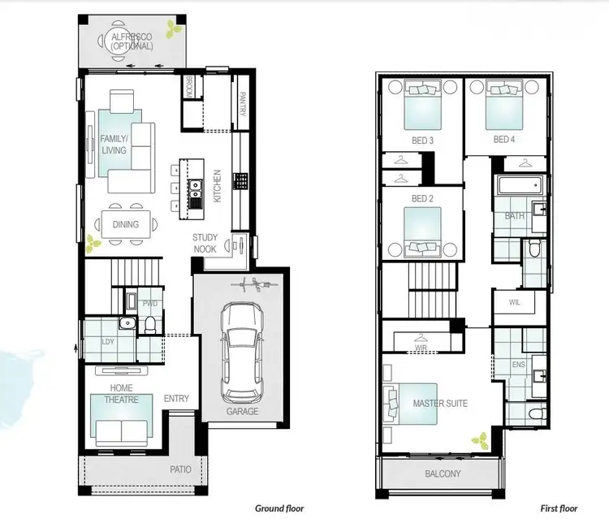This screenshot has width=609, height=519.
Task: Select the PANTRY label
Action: click(243, 104)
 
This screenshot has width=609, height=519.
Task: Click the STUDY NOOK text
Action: click(205, 243)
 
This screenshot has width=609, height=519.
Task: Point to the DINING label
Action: click(125, 224)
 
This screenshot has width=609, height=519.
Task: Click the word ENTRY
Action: click(176, 398)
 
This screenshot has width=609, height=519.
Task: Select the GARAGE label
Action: click(242, 411)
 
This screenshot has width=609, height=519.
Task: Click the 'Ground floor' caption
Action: click(279, 508)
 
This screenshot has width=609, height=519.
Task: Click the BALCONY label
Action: click(443, 474)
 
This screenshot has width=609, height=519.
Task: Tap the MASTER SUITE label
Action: click(440, 403)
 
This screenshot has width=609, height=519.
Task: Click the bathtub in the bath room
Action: click(520, 187)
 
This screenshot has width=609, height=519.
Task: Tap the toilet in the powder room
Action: click(149, 324)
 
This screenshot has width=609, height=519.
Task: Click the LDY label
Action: click(108, 341)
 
